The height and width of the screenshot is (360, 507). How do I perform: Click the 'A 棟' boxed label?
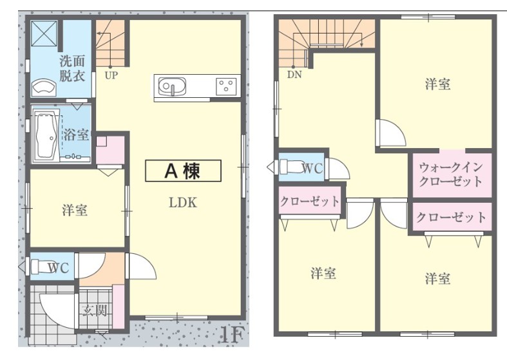(x=183, y=171)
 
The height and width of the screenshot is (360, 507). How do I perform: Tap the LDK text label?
(x=183, y=203)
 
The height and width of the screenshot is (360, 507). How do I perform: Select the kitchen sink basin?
(x=172, y=86)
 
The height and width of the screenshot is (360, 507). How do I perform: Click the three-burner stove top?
(x=225, y=86)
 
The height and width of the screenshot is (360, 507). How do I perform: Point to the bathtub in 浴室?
(x=47, y=136)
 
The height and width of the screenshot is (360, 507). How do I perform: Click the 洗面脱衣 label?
(x=72, y=68)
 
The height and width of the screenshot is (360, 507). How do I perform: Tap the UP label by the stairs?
(x=111, y=75)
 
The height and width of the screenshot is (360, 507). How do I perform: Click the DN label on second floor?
(x=294, y=75)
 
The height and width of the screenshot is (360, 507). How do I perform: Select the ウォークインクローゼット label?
(x=451, y=175)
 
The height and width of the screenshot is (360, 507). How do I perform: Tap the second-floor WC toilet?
(x=291, y=167)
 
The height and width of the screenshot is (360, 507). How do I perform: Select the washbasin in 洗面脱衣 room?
(x=44, y=86)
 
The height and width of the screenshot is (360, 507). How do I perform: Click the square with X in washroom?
(x=44, y=33)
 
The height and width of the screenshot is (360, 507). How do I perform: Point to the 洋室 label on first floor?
(x=75, y=211)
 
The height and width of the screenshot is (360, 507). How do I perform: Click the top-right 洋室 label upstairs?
(x=437, y=84)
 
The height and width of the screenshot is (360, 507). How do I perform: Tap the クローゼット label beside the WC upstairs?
(x=310, y=202)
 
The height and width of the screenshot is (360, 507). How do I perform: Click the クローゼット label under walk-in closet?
(x=451, y=217)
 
